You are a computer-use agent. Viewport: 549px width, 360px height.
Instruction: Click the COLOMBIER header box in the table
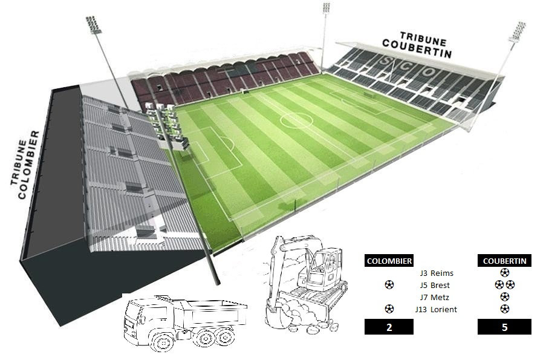point(389,260)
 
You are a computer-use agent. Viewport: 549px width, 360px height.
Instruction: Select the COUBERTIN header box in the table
point(504,260)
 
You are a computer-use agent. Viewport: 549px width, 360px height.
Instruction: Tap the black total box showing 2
point(389,327)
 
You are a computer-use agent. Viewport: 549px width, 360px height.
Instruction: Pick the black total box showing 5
point(504,327)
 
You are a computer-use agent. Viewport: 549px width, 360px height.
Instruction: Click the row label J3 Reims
point(437,273)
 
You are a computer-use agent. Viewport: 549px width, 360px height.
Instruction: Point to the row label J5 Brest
point(435,286)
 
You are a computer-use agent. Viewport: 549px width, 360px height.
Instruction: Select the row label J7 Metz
point(435,297)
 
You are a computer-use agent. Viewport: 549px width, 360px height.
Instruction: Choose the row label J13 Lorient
point(436,310)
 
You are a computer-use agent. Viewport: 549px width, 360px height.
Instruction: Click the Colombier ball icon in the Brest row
point(389,284)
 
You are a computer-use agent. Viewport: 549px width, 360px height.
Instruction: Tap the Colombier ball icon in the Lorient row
point(389,309)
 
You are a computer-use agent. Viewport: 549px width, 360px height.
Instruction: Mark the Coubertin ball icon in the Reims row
point(504,272)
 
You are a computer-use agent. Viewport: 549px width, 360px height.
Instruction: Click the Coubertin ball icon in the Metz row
point(504,297)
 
